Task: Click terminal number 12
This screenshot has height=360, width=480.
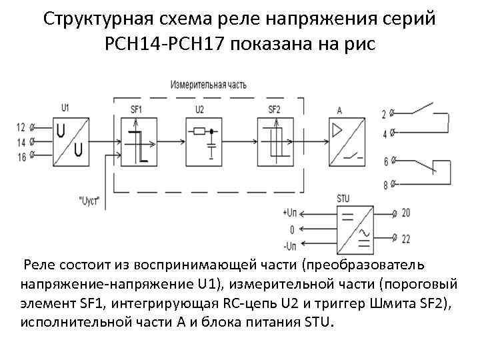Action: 21,127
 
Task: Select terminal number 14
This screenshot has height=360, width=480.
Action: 21,141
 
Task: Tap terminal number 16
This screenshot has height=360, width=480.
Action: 21,157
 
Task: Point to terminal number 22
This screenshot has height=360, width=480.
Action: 406,237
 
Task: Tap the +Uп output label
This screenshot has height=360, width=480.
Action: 291,213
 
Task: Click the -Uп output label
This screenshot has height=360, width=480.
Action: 291,246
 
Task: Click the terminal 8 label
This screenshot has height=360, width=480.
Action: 385,184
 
